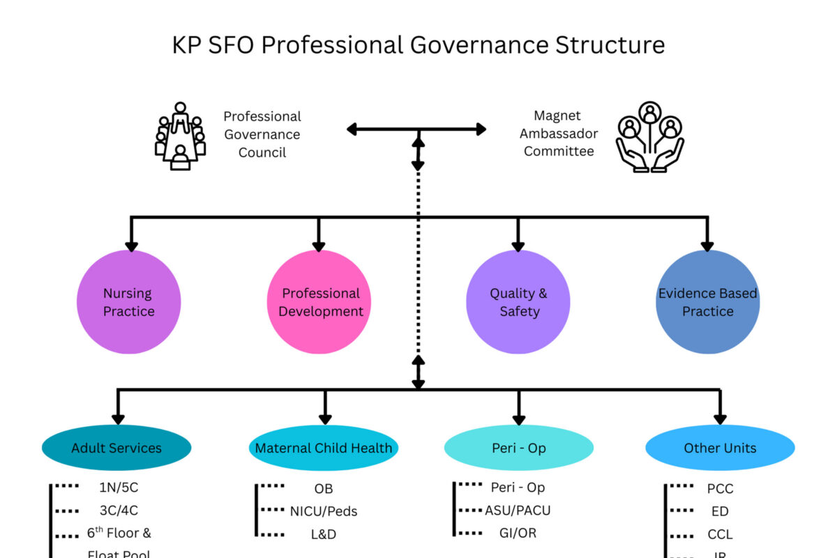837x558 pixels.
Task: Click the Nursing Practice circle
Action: tap(128, 303)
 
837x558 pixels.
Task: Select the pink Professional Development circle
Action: tap(319, 303)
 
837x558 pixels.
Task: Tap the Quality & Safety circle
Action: tap(518, 303)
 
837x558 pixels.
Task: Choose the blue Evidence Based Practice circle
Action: tap(707, 303)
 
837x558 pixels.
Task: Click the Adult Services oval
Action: tap(116, 448)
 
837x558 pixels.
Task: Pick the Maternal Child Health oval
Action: tap(324, 448)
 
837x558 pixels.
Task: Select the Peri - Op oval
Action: tap(518, 448)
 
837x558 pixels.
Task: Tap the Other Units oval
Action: tap(720, 448)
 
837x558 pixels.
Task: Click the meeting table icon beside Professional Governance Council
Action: tap(180, 136)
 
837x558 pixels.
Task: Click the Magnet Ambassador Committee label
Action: tap(559, 133)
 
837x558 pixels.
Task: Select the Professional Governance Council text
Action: tap(262, 134)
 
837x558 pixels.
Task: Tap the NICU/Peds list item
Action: tap(324, 511)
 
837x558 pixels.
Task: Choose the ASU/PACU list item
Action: tap(518, 511)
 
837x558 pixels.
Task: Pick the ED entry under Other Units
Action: tap(720, 512)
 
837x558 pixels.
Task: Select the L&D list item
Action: tap(324, 534)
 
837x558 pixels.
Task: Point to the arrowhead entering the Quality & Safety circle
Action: tap(518, 245)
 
